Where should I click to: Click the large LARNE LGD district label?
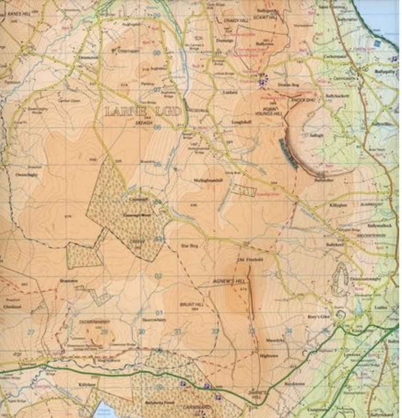coord(142,112)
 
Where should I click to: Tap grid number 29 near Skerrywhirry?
coord(104,331)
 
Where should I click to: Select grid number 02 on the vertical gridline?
coord(159,276)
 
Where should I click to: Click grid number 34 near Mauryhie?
coord(289,331)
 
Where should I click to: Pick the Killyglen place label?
coord(338,204)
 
